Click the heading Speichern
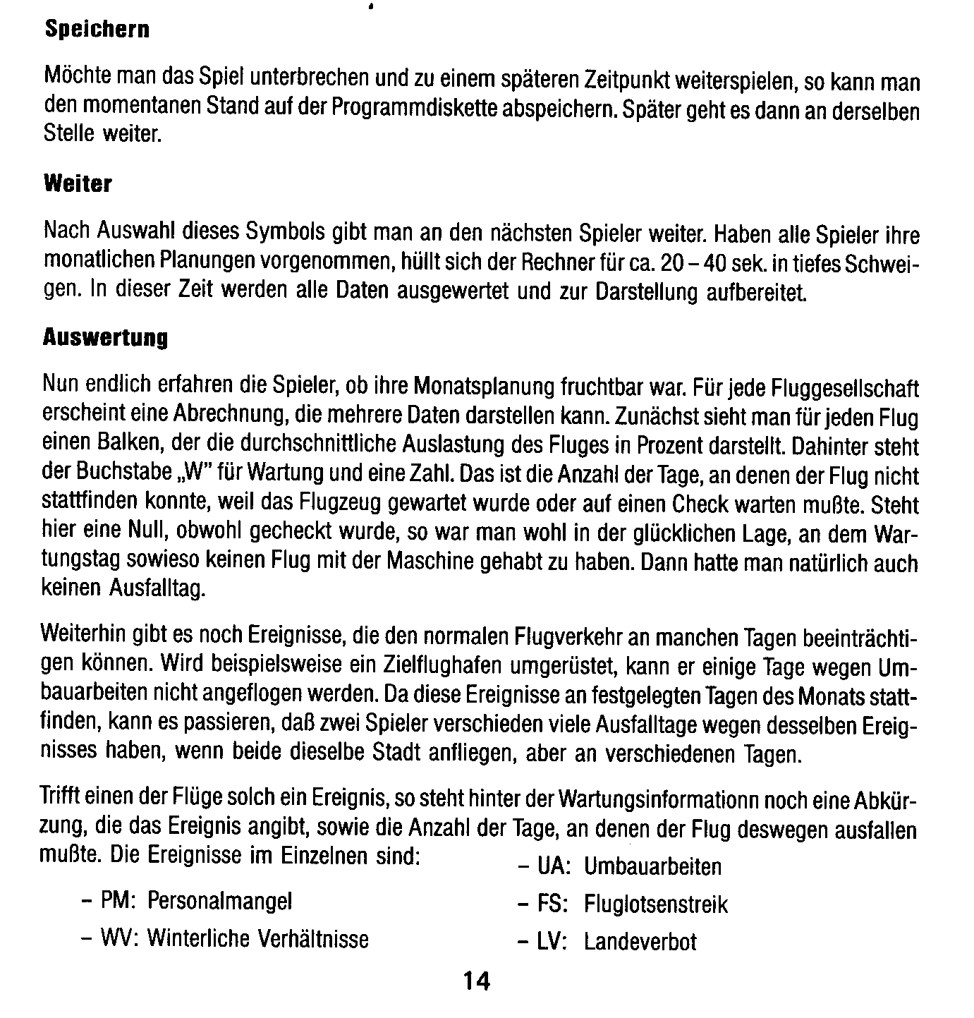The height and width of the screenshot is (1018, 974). (x=97, y=30)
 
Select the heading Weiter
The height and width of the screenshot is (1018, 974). (x=78, y=184)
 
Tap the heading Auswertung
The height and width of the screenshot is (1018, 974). (x=105, y=339)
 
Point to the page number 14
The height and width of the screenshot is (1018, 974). (x=477, y=981)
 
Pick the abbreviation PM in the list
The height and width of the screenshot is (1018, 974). (x=113, y=901)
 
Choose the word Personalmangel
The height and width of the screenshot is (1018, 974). (x=219, y=901)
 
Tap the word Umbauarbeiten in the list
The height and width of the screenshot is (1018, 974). (x=652, y=867)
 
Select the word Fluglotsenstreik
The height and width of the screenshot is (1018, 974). (x=655, y=905)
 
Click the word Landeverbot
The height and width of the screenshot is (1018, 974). (x=640, y=943)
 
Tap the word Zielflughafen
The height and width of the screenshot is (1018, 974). (x=437, y=666)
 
